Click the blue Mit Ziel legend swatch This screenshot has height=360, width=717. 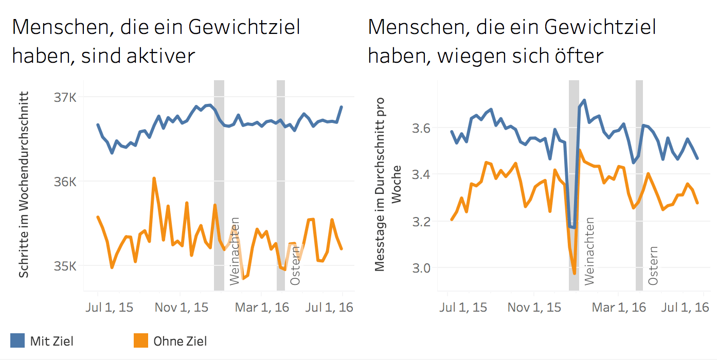tap(17, 340)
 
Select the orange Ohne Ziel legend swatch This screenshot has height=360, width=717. tap(141, 340)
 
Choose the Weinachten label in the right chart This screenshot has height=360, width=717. tap(589, 251)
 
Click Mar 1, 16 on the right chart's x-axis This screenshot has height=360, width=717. tap(619, 308)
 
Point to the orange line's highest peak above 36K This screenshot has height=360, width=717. tap(154, 178)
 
